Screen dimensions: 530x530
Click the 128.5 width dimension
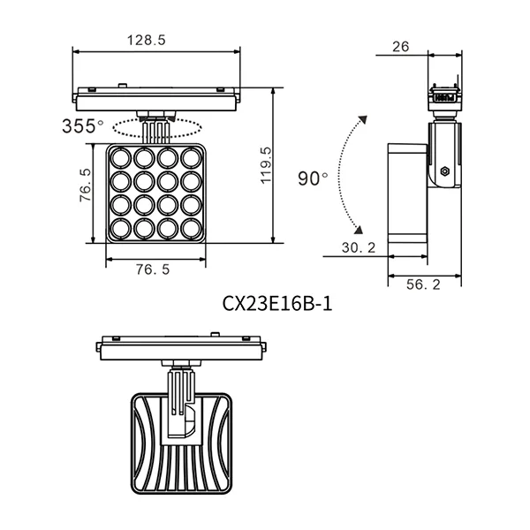[147, 41]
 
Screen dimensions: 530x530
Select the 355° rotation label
[83, 126]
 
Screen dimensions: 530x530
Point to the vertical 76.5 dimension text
[85, 186]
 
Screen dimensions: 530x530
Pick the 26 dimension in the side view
[400, 47]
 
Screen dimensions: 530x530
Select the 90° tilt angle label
[313, 178]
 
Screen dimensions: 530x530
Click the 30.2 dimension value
[359, 248]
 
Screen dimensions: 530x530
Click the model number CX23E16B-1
[276, 304]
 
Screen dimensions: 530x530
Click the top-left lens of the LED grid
[121, 160]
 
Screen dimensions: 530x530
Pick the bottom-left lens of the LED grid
[121, 229]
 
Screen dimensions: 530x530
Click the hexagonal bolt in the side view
[444, 168]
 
